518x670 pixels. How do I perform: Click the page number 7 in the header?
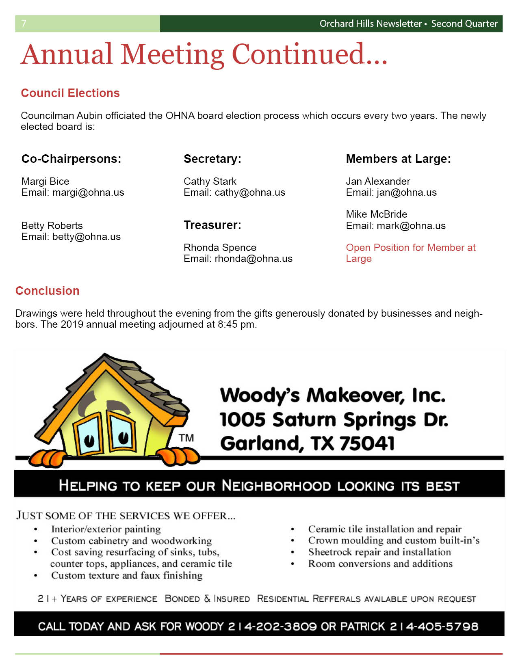tap(24, 24)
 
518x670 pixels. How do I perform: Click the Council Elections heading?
tap(70, 93)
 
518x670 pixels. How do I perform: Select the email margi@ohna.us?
tap(88, 192)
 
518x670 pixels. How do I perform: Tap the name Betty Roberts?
tap(52, 225)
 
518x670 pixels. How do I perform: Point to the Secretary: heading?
tap(212, 159)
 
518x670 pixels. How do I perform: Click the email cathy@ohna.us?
tap(250, 192)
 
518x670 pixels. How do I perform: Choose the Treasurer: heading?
tap(212, 225)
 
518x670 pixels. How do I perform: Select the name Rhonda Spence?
tap(220, 247)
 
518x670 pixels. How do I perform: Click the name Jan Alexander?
tap(378, 181)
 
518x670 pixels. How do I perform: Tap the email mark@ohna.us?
tap(411, 226)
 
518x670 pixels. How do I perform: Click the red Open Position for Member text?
tap(410, 248)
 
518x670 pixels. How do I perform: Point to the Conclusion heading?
tap(48, 291)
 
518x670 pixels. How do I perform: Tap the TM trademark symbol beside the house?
tap(186, 438)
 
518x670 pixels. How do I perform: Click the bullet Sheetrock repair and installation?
tap(379, 552)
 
